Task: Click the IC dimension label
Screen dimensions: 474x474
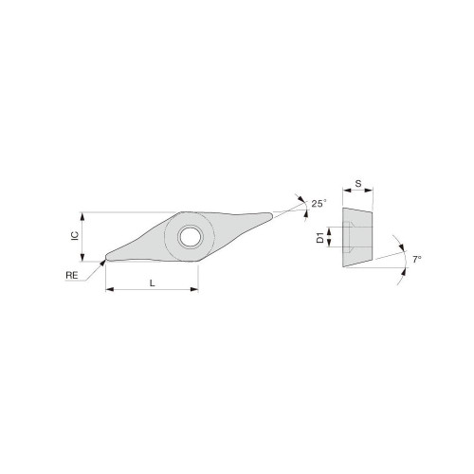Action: coord(73,233)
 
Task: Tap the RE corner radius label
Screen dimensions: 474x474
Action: coord(72,276)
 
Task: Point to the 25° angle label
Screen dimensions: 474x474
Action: coord(318,203)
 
